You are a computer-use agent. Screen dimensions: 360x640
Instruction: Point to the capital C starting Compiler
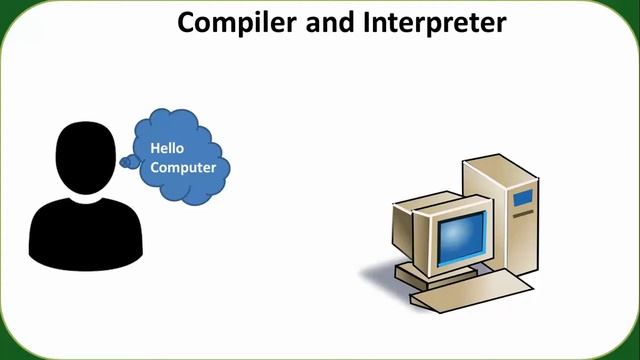tap(187, 22)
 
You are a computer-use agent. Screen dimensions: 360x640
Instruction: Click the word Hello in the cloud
tap(168, 148)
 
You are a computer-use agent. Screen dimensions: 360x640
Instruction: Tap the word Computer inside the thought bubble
tap(183, 167)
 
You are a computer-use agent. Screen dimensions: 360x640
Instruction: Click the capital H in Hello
tap(155, 148)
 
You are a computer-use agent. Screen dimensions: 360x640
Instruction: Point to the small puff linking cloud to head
tap(128, 161)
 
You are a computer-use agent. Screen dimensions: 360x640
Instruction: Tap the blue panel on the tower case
tap(523, 196)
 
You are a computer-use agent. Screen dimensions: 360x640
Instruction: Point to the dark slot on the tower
tap(523, 214)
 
